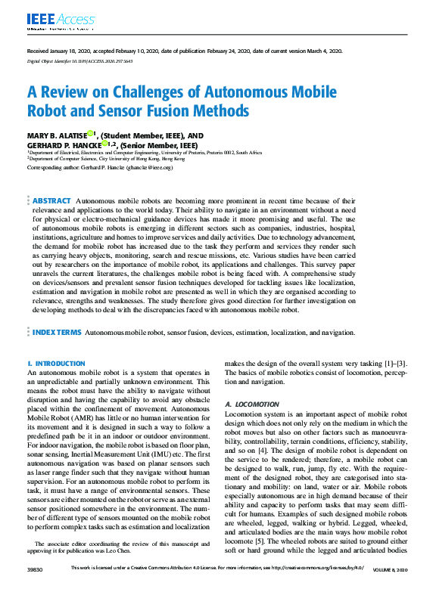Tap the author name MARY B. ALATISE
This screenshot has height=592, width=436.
pos(57,135)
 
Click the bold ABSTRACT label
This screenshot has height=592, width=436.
pos(52,200)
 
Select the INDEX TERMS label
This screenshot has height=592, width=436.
pos(56,332)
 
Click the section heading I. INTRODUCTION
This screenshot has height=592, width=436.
pos(56,364)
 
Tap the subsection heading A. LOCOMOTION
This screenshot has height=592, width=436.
pos(251,405)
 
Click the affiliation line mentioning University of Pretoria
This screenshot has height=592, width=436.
pos(144,152)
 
